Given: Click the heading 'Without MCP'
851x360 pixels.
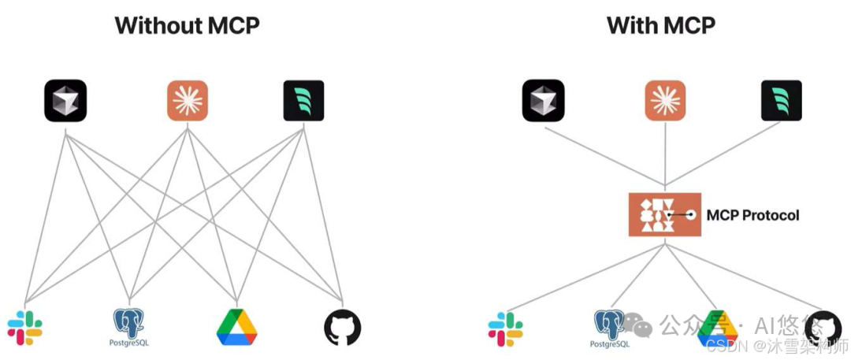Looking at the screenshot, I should coord(187,25).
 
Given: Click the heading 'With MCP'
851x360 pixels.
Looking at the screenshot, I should coord(660,25).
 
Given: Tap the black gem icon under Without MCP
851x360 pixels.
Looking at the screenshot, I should coord(65,100).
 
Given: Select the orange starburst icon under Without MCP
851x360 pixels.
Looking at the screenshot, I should coord(188,100).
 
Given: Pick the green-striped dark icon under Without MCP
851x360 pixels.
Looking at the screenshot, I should coord(303,100).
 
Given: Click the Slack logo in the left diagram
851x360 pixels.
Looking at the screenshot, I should coord(24,328).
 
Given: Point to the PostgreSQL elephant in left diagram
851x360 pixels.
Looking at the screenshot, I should coord(129,321).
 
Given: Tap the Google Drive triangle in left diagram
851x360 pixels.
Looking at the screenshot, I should coord(237,328).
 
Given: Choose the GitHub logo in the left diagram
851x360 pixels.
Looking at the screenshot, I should coord(343,328).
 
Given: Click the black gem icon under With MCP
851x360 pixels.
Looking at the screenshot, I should coord(543,100).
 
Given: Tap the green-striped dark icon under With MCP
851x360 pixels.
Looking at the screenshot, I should coord(782,100).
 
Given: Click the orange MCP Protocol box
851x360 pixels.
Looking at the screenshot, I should coord(664,214).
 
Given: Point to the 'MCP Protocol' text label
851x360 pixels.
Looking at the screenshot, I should coord(753,214).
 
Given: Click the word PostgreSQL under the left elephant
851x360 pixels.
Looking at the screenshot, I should coord(129,343).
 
